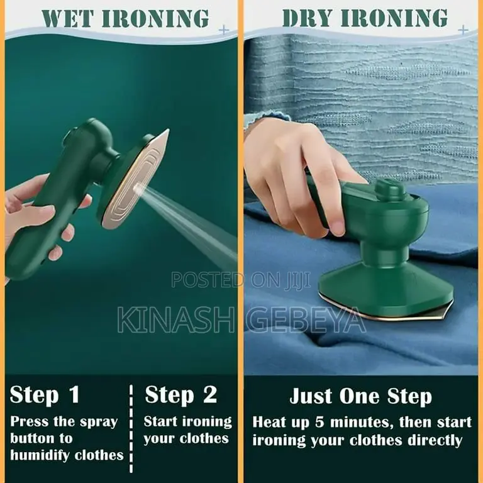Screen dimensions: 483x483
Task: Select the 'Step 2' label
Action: [180, 395]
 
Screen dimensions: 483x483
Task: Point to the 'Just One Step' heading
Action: [360, 397]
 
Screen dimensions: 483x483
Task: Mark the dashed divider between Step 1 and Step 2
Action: [131, 428]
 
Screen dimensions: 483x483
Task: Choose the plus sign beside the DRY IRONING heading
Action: [464, 29]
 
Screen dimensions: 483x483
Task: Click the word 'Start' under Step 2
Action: [162, 421]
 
